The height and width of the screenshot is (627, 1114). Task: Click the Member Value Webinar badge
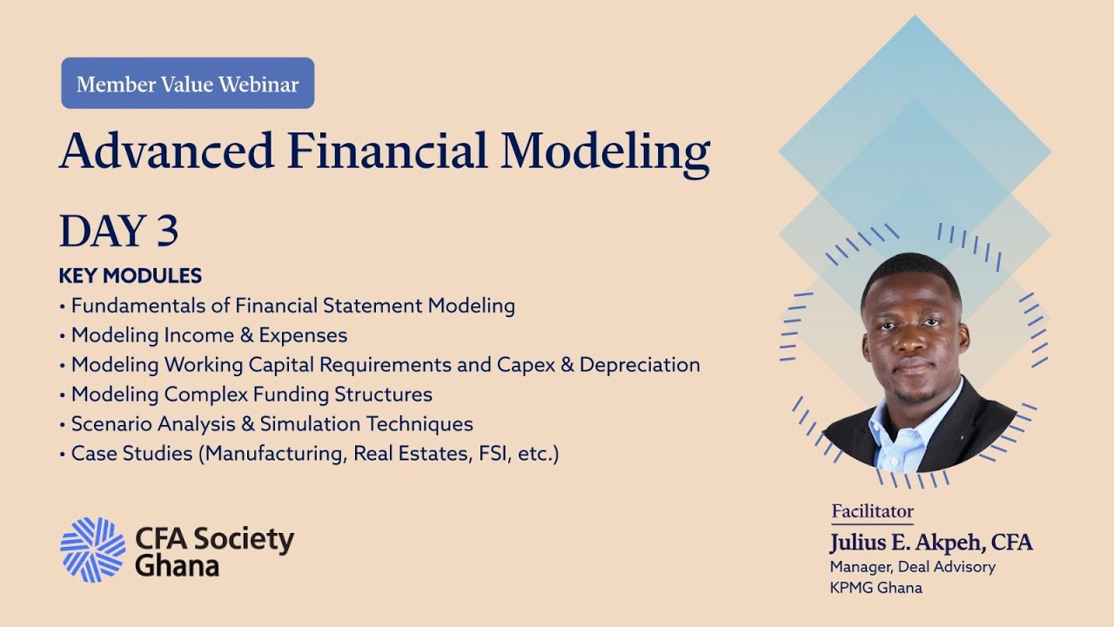[187, 84]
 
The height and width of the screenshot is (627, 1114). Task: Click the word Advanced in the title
[166, 151]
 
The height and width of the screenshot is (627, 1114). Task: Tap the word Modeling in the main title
[605, 152]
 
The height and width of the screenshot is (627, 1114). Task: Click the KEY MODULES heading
[131, 276]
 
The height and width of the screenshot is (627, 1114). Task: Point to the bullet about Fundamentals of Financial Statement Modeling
[292, 306]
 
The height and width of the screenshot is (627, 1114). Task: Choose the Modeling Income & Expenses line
[209, 335]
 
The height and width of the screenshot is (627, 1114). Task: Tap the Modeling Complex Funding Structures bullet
[252, 394]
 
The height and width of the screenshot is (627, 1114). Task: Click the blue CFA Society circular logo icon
[92, 549]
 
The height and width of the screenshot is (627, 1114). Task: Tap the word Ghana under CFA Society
[177, 566]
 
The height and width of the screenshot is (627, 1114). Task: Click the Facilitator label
[872, 511]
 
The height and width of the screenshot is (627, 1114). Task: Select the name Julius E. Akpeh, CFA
[931, 543]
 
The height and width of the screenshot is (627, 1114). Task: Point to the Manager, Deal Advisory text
[912, 567]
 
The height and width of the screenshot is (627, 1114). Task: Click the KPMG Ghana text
[876, 588]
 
